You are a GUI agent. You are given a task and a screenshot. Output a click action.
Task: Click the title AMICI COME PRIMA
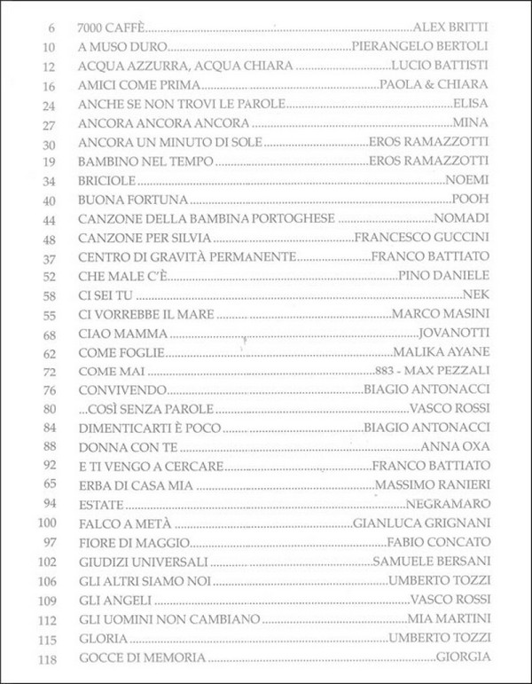134,85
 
